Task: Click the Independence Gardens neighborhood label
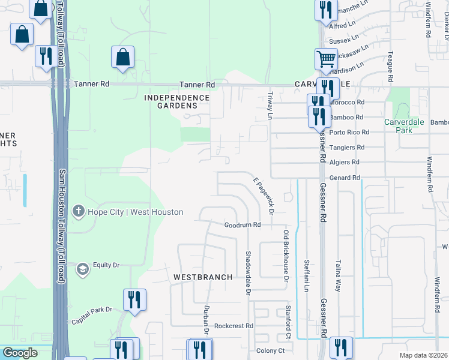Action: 176,101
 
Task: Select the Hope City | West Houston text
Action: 135,212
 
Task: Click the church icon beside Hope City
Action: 78,211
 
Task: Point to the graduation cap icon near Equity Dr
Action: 81,268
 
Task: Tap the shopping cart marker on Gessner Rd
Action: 326,59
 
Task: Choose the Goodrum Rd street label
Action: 243,225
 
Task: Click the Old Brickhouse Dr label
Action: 286,255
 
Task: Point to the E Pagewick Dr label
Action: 263,196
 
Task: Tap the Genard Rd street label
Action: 345,178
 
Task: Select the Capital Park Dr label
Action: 92,310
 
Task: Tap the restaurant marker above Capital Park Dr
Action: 134,298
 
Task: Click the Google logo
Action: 20,353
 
